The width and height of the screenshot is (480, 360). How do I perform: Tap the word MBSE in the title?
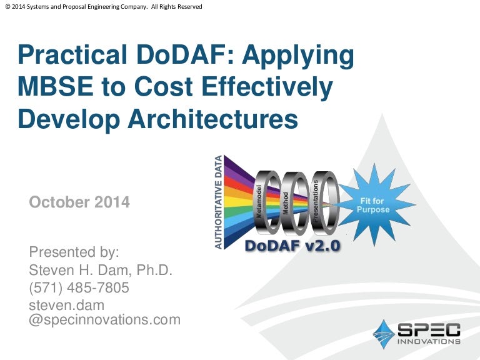[x=56, y=87]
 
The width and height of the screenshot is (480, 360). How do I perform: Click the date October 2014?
[x=79, y=202]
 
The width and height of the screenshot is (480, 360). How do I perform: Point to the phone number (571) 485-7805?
[x=79, y=287]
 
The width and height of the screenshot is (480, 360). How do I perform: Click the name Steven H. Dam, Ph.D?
[x=101, y=270]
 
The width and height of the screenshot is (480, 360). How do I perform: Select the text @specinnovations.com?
[x=105, y=320]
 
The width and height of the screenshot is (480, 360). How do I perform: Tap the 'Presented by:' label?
[x=74, y=252]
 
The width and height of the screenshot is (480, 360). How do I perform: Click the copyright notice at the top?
[x=104, y=6]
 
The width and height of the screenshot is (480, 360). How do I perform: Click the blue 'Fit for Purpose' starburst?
[x=374, y=205]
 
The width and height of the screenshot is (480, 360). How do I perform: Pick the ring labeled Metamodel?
[x=267, y=202]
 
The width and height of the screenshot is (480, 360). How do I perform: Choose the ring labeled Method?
[x=294, y=204]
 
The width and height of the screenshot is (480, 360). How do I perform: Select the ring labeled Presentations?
[x=324, y=203]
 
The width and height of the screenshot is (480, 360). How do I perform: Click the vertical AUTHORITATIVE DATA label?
[x=218, y=202]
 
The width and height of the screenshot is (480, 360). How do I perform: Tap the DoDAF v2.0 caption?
[x=292, y=246]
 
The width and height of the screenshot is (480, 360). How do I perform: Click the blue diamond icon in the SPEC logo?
[x=384, y=334]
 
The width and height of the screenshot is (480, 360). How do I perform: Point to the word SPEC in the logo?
[x=429, y=330]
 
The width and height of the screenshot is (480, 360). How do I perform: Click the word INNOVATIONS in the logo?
[x=429, y=341]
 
